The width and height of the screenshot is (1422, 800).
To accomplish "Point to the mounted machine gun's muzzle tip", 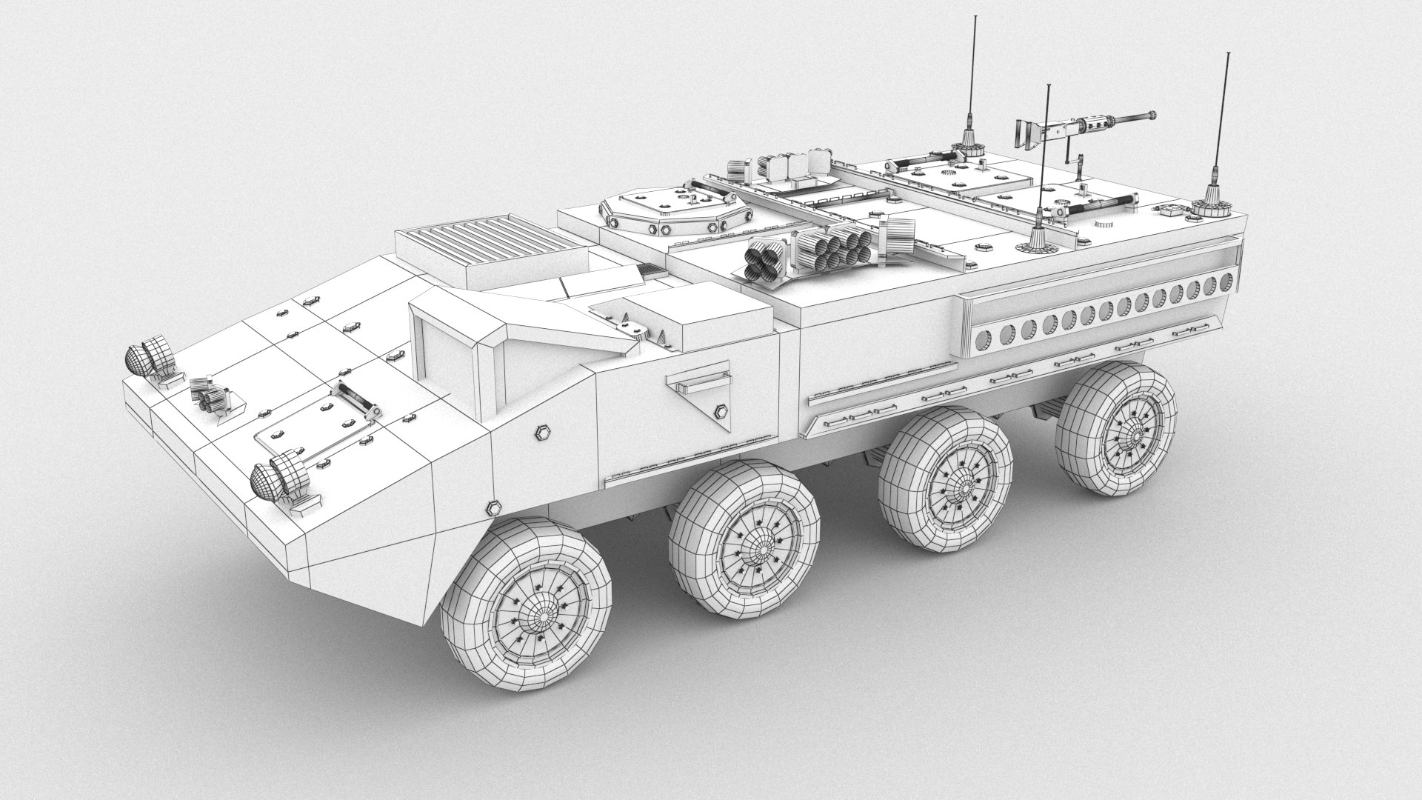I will coord(1151,114).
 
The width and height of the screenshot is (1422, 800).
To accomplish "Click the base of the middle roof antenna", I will coord(1038,239).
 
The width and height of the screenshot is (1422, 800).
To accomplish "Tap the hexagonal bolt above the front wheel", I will coord(492,507).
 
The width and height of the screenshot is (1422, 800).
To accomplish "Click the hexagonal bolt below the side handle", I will coord(719,411).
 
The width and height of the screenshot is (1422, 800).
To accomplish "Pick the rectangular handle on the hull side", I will coord(697,380).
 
